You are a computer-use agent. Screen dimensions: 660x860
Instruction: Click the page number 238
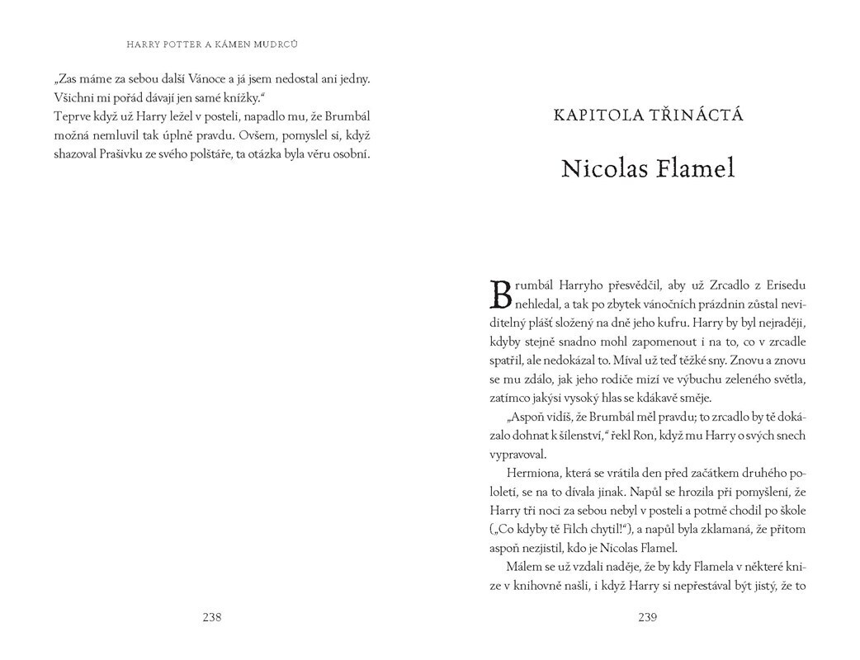click(212, 617)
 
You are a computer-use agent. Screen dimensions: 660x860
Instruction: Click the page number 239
click(646, 617)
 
